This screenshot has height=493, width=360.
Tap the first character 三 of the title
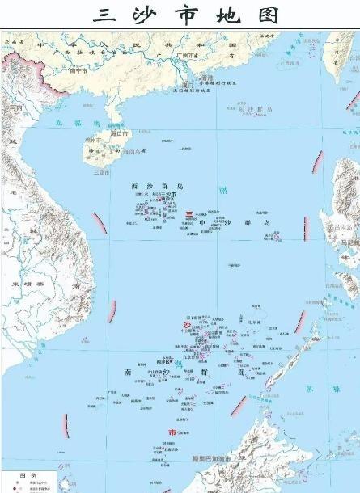(104, 15)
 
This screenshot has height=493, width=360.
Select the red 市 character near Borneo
(170, 434)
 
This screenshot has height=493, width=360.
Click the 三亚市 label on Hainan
(101, 171)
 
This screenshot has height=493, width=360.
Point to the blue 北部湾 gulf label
(70, 122)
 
